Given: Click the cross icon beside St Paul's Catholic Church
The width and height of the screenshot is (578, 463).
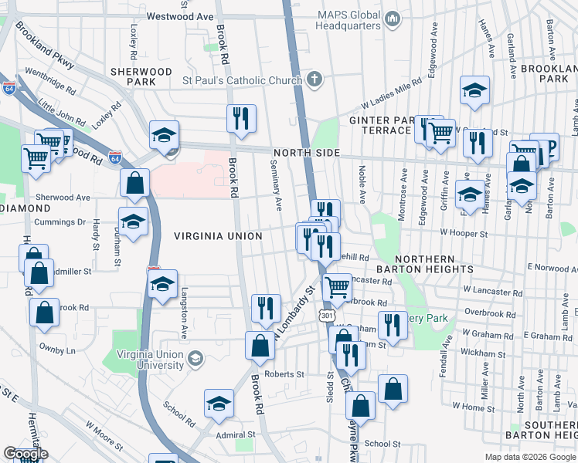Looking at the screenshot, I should click(x=314, y=79).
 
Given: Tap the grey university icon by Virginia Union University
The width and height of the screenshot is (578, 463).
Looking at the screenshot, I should click(x=196, y=358).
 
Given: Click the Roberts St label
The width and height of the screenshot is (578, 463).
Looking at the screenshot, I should click(x=284, y=374).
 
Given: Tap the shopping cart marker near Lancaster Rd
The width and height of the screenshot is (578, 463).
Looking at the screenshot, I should click(x=337, y=289).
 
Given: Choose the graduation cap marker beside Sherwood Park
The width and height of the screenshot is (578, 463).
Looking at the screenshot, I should click(x=164, y=136).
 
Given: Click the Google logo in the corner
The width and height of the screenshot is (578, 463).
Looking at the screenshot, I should click(x=25, y=455).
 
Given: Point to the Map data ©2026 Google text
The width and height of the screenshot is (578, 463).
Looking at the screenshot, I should click(x=531, y=457).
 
